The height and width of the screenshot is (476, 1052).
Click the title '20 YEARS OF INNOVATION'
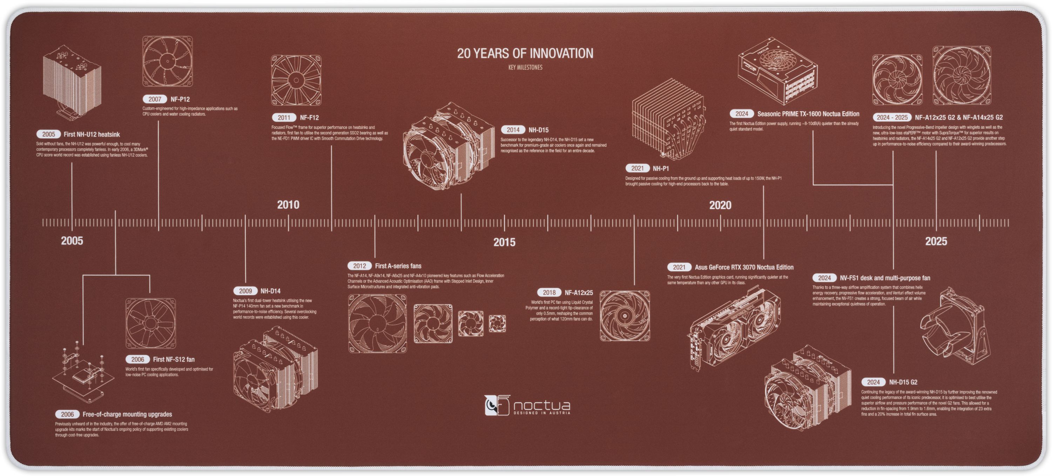[525, 54]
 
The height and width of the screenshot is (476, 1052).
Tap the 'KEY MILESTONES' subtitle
[525, 67]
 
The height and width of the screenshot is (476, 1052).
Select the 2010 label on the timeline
[288, 205]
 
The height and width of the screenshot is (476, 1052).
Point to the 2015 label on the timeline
[504, 242]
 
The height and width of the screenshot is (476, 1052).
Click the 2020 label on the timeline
[720, 205]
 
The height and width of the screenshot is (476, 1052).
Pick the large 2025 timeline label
[936, 241]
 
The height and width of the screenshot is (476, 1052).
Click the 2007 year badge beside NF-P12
[155, 99]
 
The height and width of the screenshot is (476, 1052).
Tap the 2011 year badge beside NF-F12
[284, 118]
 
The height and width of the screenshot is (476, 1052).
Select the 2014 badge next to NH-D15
[513, 130]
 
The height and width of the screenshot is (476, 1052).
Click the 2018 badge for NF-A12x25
[549, 293]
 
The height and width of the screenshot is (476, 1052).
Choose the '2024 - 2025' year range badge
[891, 117]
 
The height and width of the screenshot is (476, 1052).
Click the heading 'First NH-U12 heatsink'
[92, 134]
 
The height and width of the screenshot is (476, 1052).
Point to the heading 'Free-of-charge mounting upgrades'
[127, 414]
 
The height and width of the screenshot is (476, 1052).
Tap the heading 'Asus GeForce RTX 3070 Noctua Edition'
[744, 267]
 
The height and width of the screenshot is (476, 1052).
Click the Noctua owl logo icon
[497, 405]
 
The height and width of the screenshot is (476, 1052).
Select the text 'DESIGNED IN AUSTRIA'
[541, 413]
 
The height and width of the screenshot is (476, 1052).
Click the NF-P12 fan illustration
[167, 61]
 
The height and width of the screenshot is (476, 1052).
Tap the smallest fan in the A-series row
[497, 324]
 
